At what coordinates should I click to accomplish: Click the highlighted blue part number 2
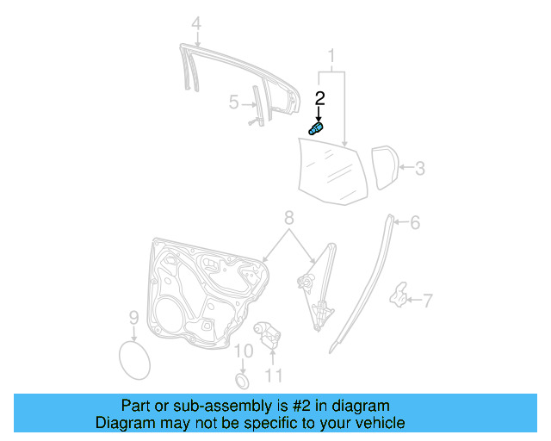click(x=316, y=128)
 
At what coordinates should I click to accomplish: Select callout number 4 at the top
click(x=196, y=23)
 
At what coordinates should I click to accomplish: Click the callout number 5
click(x=233, y=102)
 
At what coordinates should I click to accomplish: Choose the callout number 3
click(x=419, y=169)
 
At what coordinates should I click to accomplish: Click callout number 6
click(x=414, y=223)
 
